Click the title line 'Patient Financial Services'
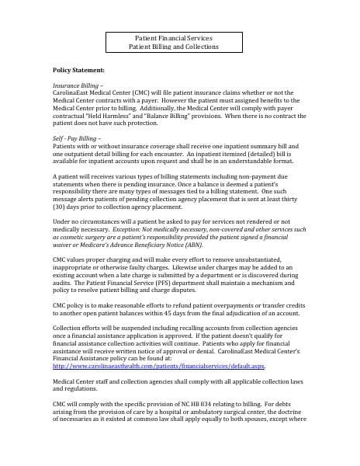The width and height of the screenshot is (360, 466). point(179,37)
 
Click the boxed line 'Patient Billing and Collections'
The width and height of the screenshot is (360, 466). point(179,47)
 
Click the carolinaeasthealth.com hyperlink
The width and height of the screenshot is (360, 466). point(158,366)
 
